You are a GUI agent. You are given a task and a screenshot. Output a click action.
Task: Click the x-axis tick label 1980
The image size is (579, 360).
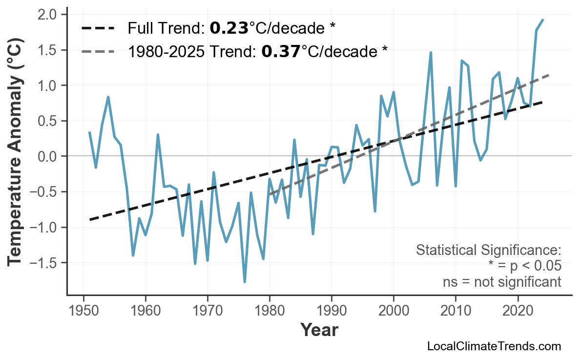pos(269,311)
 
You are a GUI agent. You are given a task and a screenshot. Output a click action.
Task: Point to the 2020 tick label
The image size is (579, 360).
pos(517,311)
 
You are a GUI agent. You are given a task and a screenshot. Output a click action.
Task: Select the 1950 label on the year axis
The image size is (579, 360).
pos(83,311)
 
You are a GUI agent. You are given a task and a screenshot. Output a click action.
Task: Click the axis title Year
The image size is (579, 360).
pos(319,330)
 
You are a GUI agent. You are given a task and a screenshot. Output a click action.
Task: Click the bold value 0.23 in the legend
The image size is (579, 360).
pos(228,28)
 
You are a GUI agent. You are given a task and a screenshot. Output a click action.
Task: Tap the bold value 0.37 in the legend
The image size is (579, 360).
pos(281,51)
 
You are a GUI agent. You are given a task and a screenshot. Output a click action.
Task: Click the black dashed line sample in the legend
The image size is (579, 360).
pos(98,28)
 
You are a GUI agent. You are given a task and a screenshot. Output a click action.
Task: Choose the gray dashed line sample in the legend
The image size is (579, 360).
pos(98,51)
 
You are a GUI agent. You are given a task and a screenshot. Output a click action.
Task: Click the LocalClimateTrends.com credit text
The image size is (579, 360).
pos(494,347)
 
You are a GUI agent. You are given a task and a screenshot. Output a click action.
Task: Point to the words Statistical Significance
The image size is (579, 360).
pos(488,251)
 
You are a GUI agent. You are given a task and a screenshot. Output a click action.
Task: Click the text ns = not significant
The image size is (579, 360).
pos(501,282)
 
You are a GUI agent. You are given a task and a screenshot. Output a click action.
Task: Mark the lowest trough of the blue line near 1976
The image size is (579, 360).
pos(245,282)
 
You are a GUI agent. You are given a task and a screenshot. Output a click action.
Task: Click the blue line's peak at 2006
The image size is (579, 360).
pos(431,52)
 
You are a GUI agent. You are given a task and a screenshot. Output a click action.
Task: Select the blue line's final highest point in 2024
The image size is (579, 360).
pos(543,20)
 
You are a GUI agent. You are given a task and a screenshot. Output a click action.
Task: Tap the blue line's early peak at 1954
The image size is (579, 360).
pos(108,97)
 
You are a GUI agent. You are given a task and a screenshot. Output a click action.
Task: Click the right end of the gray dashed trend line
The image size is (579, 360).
pos(549,75)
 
